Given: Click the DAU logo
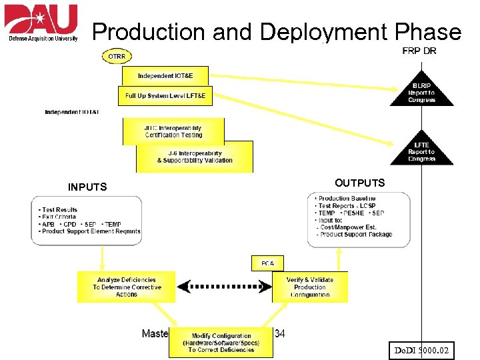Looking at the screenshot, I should point(41,23).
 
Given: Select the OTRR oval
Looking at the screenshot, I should point(117,57).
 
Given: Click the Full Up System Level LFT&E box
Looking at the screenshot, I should point(165,95).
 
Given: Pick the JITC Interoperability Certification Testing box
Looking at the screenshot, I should point(173,131).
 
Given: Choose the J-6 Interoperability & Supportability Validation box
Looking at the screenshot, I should point(195,157).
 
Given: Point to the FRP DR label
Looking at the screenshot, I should point(419,51).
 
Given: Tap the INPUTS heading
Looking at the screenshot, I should point(87,187).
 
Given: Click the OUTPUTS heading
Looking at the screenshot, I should point(359,183).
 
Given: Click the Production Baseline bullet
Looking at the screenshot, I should point(347,199).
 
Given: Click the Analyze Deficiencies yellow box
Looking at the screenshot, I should point(127,287).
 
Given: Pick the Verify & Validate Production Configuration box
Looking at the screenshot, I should point(310,287).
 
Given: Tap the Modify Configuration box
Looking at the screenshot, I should point(221,343).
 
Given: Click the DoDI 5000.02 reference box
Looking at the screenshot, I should point(421,349).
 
